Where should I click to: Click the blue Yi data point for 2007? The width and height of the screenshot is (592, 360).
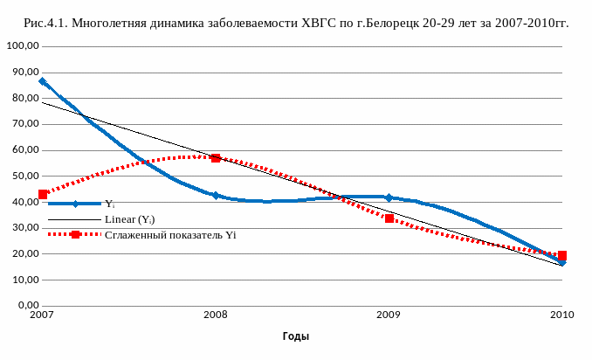(43, 81)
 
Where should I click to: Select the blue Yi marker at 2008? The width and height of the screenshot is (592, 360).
(216, 195)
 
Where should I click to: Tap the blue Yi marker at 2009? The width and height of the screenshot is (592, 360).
(389, 197)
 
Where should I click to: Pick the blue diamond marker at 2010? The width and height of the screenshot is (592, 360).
(561, 262)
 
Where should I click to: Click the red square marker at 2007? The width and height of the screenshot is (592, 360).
(43, 194)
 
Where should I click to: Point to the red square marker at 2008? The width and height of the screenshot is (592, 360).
(216, 158)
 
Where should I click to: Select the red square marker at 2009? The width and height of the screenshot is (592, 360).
(389, 218)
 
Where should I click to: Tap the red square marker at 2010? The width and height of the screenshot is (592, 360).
(562, 255)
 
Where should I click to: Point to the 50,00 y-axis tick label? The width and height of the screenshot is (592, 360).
(22, 176)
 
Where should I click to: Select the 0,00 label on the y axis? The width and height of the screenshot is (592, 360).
(24, 306)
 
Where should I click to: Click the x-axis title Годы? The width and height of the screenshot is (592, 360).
(295, 336)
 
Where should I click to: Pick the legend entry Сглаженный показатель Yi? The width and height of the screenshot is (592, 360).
(170, 234)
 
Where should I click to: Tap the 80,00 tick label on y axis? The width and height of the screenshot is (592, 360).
(22, 98)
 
